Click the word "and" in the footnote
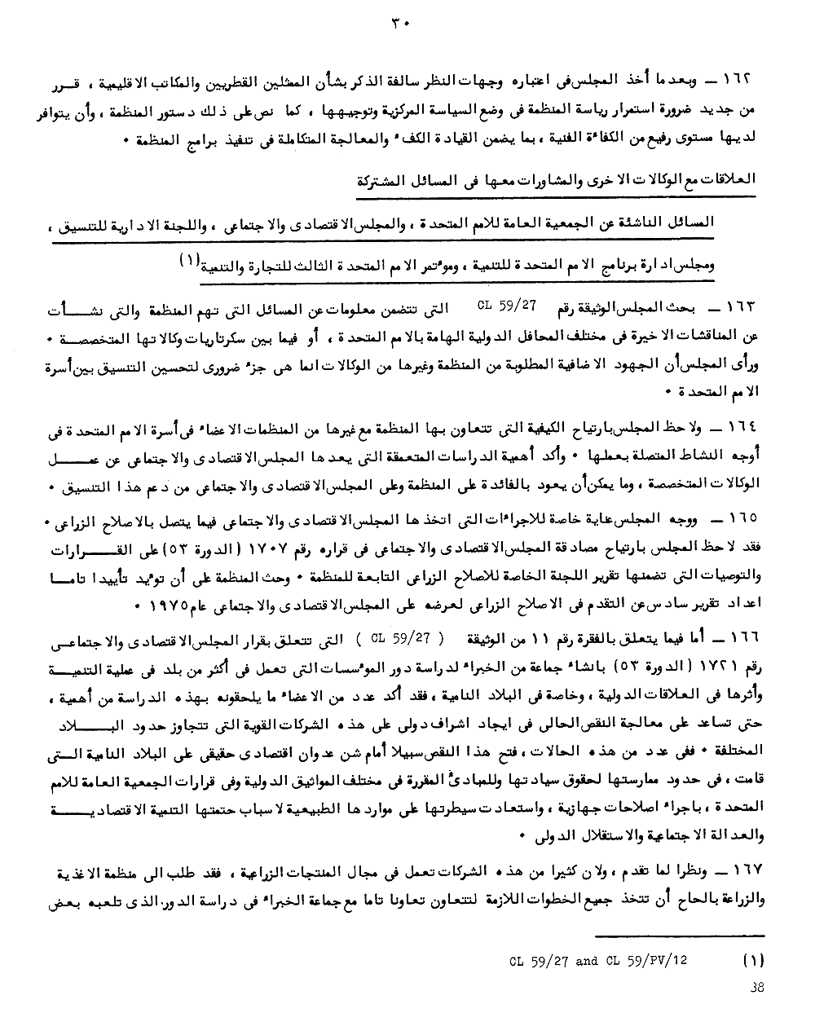click(587, 960)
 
